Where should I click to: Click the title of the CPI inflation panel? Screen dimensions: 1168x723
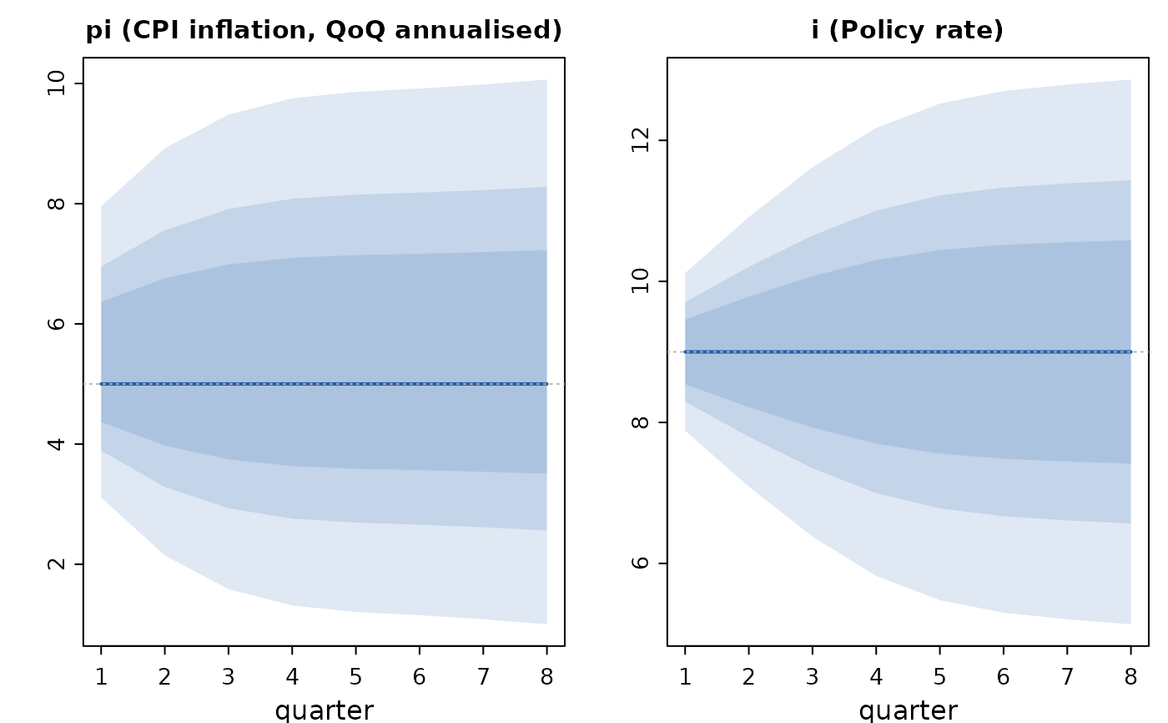coord(324,30)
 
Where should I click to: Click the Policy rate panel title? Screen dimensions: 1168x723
coord(908,30)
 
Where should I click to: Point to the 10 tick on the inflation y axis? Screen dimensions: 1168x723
coord(56,83)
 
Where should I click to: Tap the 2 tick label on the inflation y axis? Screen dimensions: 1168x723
coord(56,564)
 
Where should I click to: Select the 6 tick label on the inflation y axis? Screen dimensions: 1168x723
coord(56,323)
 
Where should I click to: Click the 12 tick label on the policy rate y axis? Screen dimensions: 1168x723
coord(640,140)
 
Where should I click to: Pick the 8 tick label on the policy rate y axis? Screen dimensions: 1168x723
coord(640,422)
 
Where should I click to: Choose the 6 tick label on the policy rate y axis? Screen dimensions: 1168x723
coord(640,563)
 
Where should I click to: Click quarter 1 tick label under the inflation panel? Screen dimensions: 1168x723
coord(101,676)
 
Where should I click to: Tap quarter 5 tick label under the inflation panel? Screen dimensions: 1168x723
coord(355,676)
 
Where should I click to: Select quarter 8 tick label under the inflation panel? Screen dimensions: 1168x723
coord(546,676)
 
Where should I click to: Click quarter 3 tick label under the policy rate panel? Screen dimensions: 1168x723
coord(813,676)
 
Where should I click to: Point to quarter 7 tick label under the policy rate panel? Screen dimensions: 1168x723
coord(1067,676)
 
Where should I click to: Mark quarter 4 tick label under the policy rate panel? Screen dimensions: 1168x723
coord(876,676)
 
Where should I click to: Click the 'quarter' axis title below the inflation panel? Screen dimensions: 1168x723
coord(325,710)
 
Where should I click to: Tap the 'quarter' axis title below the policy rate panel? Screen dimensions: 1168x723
coord(909,710)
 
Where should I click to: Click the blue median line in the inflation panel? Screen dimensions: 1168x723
coord(324,384)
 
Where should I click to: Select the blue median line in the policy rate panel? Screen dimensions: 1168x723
coord(908,352)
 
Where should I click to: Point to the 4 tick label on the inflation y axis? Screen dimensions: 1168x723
coord(56,444)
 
